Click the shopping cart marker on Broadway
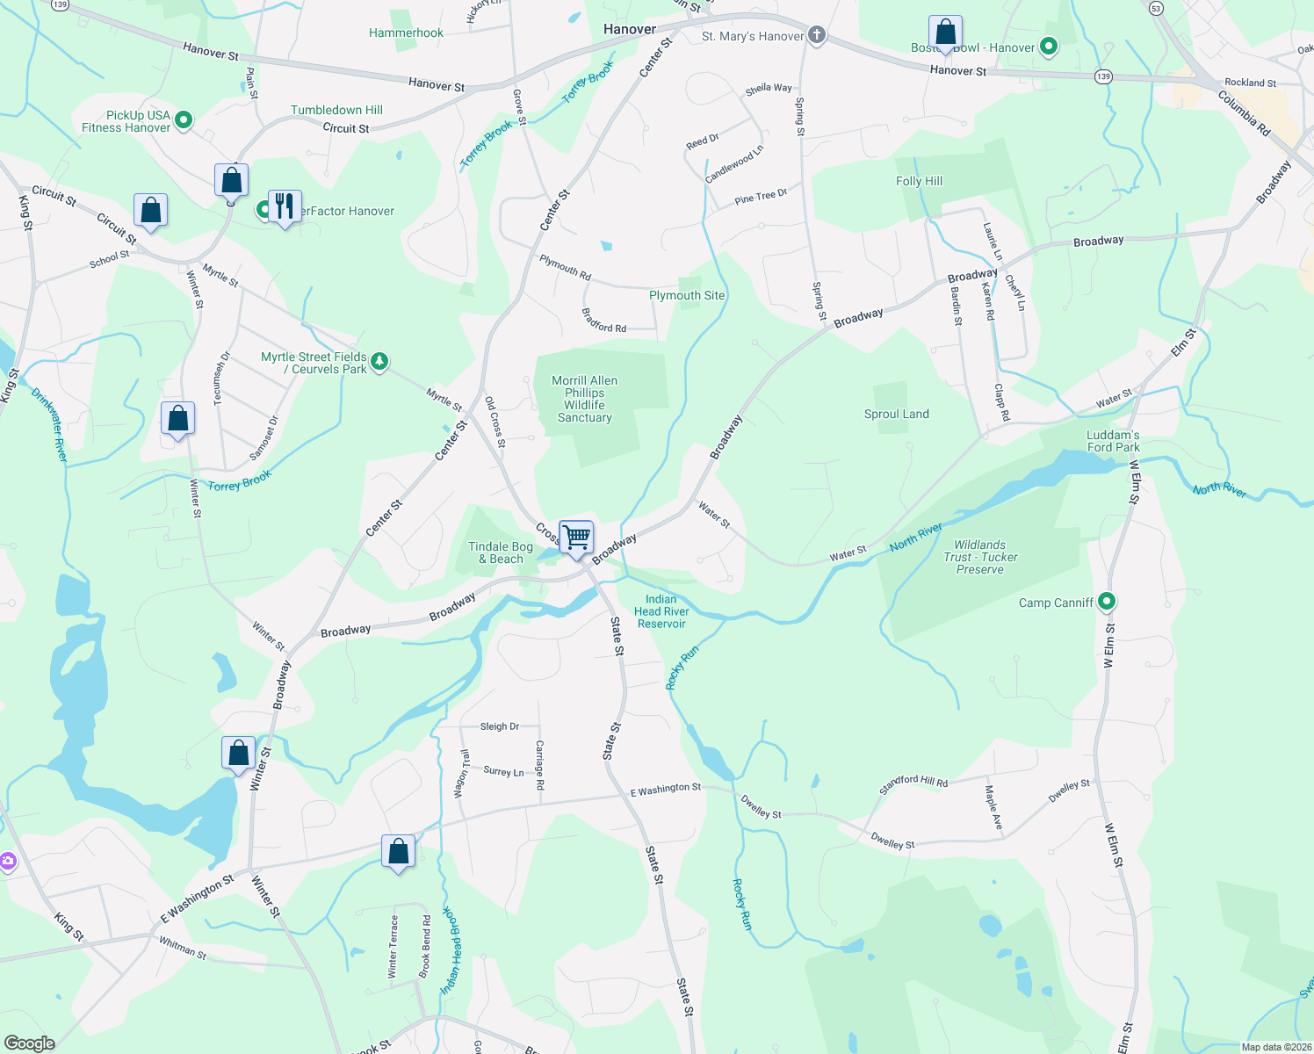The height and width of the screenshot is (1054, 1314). (x=576, y=537)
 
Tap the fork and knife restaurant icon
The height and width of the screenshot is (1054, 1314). (x=285, y=206)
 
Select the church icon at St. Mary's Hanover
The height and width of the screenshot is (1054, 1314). (x=817, y=35)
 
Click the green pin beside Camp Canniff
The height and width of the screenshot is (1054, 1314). (x=1107, y=603)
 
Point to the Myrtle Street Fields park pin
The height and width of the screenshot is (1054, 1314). (x=379, y=361)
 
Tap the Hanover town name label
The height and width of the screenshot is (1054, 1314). (x=630, y=29)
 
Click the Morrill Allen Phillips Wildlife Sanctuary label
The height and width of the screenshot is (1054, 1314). (x=585, y=399)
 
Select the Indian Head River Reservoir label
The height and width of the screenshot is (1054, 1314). (x=661, y=611)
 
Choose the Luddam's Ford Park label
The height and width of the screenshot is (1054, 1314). (x=1113, y=441)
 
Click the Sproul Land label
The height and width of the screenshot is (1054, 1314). (x=896, y=414)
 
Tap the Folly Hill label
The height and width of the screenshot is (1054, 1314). (x=919, y=181)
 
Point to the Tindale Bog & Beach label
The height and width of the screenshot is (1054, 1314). (x=501, y=552)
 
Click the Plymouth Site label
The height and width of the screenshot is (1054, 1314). (x=687, y=295)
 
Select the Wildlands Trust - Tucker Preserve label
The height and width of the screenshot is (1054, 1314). (x=979, y=557)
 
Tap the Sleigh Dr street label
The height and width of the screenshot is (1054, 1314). (x=499, y=726)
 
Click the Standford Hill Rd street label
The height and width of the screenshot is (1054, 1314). (x=913, y=783)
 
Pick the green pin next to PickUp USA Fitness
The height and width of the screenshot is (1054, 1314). (x=184, y=119)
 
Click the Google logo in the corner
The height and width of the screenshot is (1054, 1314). (x=29, y=1043)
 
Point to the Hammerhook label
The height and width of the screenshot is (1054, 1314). (x=406, y=32)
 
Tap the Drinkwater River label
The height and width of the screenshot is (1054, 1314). (x=49, y=424)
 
